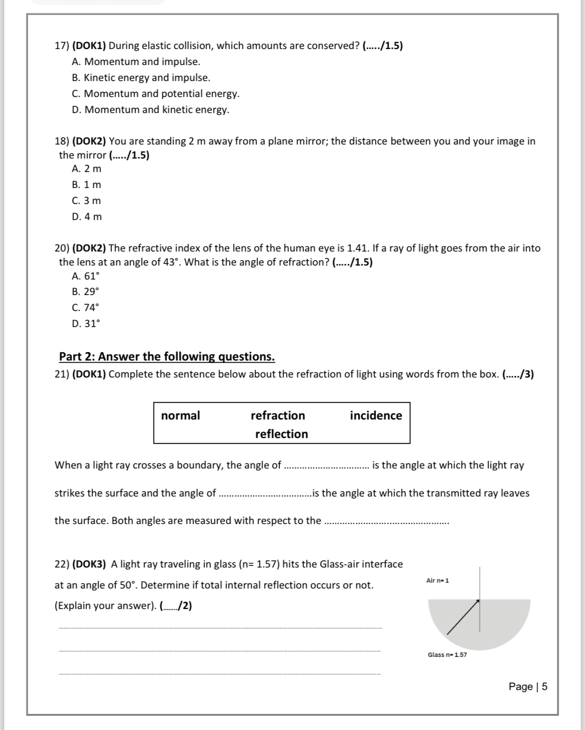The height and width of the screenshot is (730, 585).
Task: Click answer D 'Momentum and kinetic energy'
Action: coord(150,109)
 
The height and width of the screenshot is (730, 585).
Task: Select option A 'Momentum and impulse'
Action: coord(136,61)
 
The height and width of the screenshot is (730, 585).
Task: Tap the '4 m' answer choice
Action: coord(87,216)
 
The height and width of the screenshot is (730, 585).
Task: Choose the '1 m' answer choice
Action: coord(86,184)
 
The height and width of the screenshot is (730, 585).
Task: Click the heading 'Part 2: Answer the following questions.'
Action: coord(166,356)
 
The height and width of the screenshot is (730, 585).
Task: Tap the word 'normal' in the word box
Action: coord(180,415)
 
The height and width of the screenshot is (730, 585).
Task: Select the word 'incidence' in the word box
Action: coord(375,415)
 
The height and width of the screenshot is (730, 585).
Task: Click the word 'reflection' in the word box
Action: coord(281,434)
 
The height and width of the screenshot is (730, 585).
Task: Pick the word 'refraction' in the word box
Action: coord(277,415)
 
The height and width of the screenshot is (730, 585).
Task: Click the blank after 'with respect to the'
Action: coord(387,522)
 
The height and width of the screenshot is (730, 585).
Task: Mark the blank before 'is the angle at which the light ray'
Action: coord(326,466)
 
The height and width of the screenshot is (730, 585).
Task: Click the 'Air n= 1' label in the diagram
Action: coord(437,580)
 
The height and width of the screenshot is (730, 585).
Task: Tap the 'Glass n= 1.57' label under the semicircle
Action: coord(447,654)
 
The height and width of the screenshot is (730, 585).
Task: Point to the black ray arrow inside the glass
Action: coord(463,616)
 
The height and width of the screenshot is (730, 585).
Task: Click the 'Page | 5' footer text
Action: coord(527,686)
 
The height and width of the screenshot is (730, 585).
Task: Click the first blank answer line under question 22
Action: coord(220,628)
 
